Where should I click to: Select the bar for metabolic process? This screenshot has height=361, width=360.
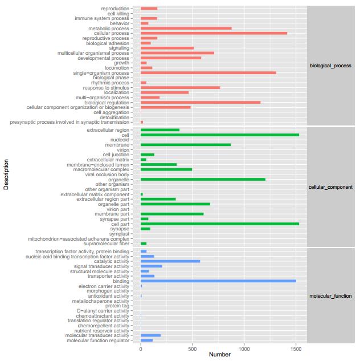[186, 28]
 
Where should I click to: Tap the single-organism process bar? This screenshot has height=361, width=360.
[208, 72]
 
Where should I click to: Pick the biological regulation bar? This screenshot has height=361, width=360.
[200, 103]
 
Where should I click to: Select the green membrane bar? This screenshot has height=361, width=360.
[185, 145]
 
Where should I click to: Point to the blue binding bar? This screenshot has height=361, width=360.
[218, 281]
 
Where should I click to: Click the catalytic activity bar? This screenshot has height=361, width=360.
[170, 261]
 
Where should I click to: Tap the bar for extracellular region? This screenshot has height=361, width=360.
[159, 130]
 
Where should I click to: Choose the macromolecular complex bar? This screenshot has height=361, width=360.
[166, 169]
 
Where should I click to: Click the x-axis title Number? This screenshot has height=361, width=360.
[219, 355]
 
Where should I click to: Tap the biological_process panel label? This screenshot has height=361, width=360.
[330, 66]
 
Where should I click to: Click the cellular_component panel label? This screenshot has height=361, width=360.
[330, 187]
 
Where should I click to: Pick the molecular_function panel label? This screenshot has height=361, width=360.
[330, 296]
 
